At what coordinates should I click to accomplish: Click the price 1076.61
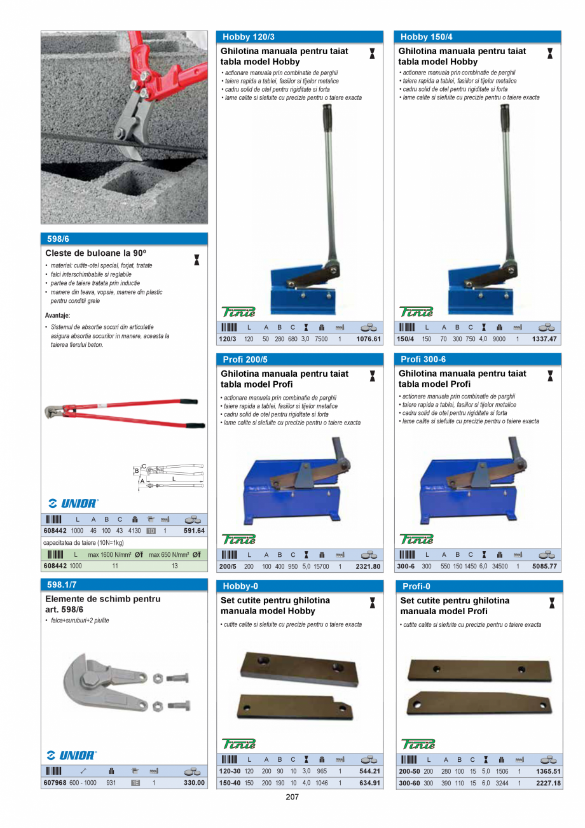pos(369,339)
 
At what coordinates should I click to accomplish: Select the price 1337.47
pos(545,339)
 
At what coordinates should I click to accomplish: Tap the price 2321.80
pos(368,566)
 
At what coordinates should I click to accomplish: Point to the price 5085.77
pos(544,566)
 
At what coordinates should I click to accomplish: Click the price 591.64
pos(194,531)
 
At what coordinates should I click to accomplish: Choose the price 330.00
pos(194,783)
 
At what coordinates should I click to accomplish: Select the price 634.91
pos(369,783)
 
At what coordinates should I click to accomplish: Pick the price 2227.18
pos(548,783)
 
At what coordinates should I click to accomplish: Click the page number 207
pos(292,797)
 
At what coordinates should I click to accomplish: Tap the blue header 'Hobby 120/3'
pos(249,38)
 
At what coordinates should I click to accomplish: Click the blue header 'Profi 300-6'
pos(423,360)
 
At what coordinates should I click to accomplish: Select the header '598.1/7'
pos(62,584)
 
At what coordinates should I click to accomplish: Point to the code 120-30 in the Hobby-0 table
pos(230,771)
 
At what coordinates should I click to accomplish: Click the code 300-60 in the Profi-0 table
pos(409,783)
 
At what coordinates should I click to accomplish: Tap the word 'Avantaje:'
pos(58,315)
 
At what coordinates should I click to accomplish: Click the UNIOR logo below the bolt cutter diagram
pos(72,503)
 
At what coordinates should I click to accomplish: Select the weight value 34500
pos(500,566)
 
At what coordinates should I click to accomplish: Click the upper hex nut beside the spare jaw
pos(158,678)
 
